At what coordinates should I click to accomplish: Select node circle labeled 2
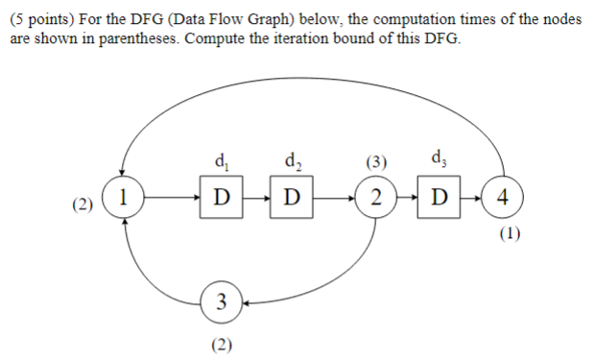click(x=377, y=199)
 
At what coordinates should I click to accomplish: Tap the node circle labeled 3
click(x=222, y=303)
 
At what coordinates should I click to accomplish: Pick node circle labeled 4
click(x=504, y=199)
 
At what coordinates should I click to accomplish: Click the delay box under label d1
click(x=223, y=199)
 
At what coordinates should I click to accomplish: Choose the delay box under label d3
click(x=440, y=199)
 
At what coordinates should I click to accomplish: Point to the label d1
click(x=223, y=158)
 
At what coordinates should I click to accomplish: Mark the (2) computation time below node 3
click(x=222, y=343)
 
